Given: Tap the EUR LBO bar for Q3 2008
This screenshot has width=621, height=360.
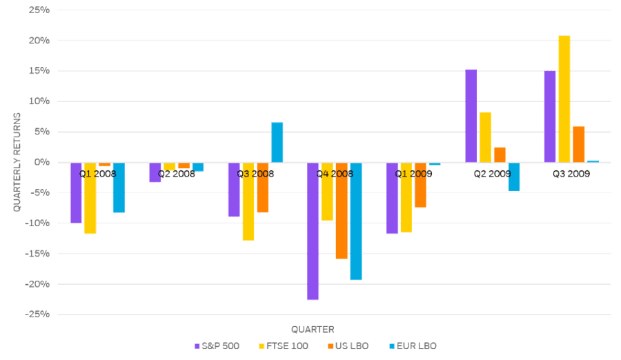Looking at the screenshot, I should pyautogui.click(x=277, y=142).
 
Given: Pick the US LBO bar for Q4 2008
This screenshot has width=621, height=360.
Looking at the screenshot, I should pyautogui.click(x=342, y=211).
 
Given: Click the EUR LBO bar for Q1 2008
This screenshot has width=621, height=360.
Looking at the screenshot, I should pyautogui.click(x=119, y=188).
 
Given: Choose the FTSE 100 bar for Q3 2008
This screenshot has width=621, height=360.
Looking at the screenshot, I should pyautogui.click(x=248, y=201).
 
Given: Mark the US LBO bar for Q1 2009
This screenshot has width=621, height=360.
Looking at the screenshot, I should pyautogui.click(x=420, y=185).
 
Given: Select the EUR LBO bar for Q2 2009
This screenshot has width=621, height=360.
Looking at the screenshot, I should pyautogui.click(x=514, y=177).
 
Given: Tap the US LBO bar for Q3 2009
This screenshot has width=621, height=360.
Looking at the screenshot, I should pyautogui.click(x=578, y=144).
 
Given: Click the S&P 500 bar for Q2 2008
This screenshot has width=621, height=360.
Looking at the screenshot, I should pyautogui.click(x=155, y=172).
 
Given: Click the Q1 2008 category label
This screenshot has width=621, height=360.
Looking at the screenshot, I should pyautogui.click(x=97, y=174).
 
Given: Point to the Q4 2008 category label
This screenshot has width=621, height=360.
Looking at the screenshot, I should pyautogui.click(x=334, y=174).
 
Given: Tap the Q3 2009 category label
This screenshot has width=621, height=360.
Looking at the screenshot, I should pyautogui.click(x=571, y=174).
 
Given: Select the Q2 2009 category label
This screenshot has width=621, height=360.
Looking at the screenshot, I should pyautogui.click(x=492, y=174).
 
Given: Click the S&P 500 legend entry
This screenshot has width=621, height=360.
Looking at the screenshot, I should pyautogui.click(x=217, y=346).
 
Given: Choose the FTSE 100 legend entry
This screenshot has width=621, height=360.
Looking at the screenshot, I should pyautogui.click(x=284, y=346).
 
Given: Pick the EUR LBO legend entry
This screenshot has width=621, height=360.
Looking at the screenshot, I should pyautogui.click(x=413, y=346).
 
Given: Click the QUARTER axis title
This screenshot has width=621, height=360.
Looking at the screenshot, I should pyautogui.click(x=313, y=329).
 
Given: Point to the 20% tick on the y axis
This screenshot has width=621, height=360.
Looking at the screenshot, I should pyautogui.click(x=40, y=41).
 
